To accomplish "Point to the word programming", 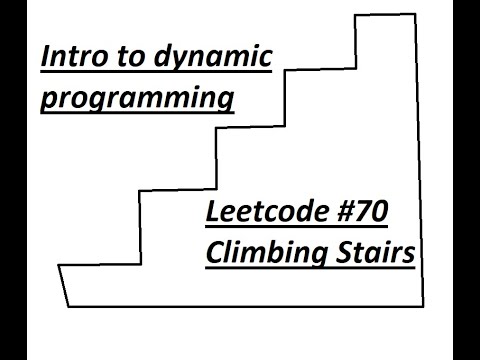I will coord(138,101).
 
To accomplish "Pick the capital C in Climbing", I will coord(215,253).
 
